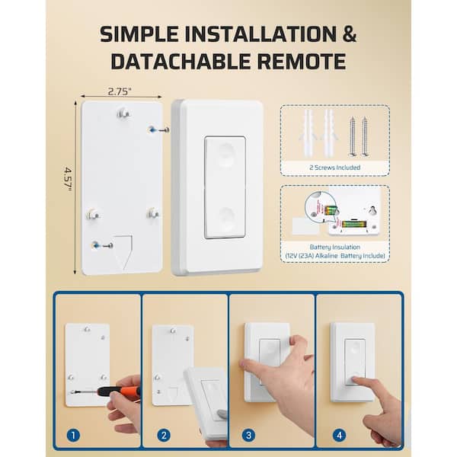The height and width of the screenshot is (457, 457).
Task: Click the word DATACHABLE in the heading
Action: point(180,61)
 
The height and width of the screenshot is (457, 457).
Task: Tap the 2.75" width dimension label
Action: point(120,91)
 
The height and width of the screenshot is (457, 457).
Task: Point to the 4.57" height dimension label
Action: point(68,178)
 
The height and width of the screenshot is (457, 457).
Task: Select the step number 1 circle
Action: point(73,436)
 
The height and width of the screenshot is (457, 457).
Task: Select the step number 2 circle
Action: point(164,436)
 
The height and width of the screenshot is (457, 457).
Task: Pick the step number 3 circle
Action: point(248,436)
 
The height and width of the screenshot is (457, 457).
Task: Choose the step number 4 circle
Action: point(339,436)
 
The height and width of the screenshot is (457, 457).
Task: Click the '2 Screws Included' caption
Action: point(335,168)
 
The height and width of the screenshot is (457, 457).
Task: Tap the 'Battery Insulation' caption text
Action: point(335,247)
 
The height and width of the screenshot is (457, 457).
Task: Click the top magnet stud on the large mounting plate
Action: point(123,113)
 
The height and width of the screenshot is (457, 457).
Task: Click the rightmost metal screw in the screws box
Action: point(365,136)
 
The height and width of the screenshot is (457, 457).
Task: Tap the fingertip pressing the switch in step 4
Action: point(354,379)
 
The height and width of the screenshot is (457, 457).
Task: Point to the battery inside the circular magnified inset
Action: point(331,210)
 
